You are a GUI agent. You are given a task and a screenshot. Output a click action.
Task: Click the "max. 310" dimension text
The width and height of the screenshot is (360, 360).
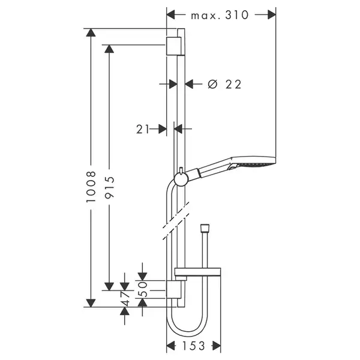coord(220,16)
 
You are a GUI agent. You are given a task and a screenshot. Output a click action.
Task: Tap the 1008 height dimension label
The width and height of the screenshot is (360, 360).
coord(91,186)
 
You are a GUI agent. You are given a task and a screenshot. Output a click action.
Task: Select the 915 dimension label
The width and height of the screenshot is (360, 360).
coord(109,187)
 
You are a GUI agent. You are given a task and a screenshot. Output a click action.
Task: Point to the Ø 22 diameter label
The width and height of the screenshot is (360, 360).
coord(224,84)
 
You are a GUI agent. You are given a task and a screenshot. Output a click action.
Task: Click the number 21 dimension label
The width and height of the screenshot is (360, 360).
coord(143,129)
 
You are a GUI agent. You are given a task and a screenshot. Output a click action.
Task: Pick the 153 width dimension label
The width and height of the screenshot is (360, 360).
coord(193,346)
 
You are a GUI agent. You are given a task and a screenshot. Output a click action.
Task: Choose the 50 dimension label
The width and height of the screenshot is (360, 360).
coord(143,289)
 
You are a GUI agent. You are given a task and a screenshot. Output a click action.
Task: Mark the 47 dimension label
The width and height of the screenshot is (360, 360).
coord(125,299)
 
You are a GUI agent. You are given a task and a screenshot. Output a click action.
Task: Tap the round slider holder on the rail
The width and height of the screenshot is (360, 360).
coord(181,179)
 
